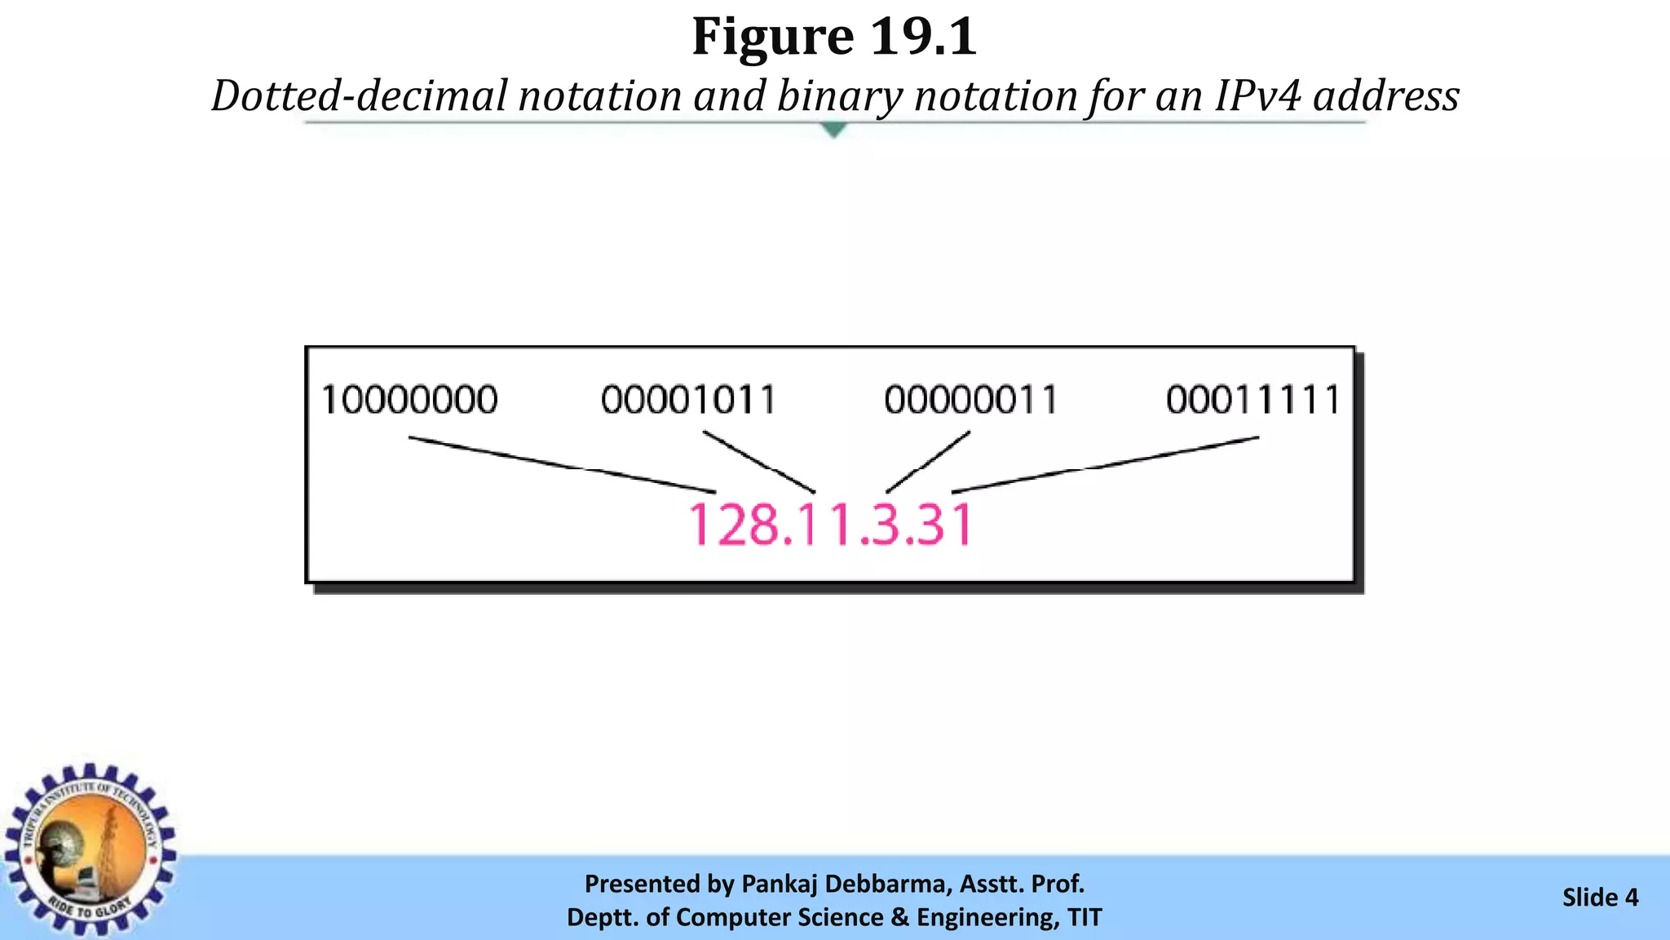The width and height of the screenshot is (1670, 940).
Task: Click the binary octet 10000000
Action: click(x=409, y=400)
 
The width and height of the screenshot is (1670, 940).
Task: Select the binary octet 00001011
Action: click(x=689, y=400)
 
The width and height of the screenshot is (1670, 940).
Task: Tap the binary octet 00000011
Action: click(x=971, y=400)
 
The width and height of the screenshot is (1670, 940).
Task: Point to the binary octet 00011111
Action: click(x=1253, y=400)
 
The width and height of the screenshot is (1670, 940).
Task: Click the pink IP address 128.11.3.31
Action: click(x=832, y=525)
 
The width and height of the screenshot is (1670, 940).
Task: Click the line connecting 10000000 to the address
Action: click(x=563, y=465)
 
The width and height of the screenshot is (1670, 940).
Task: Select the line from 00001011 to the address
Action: click(x=759, y=463)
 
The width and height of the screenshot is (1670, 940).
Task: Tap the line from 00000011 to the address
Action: click(x=928, y=463)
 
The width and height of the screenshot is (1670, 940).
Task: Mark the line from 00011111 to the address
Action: click(x=1105, y=465)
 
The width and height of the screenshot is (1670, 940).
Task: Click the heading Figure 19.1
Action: click(x=834, y=37)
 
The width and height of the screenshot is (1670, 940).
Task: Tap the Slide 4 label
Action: click(x=1600, y=898)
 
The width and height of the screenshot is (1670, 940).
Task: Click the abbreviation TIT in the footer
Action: click(x=1085, y=917)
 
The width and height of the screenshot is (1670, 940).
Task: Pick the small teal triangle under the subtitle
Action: click(x=833, y=130)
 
